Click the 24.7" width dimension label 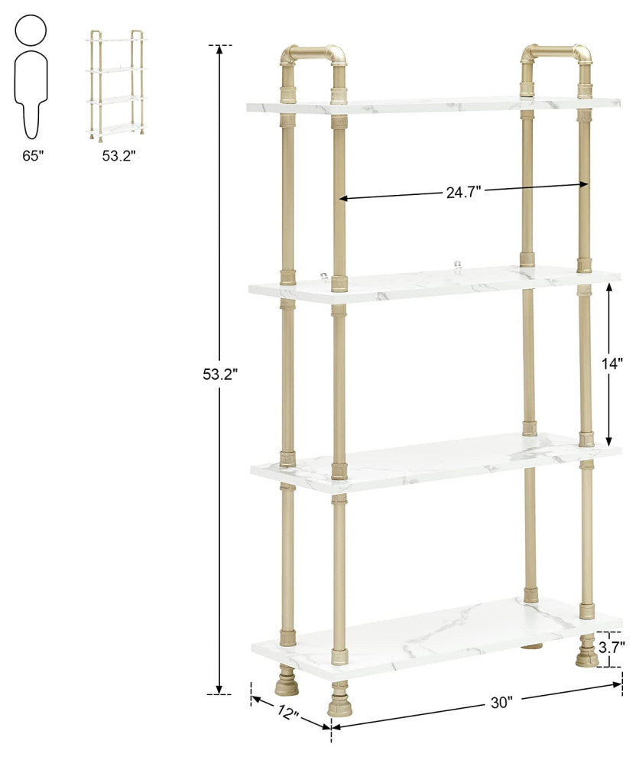click(463, 192)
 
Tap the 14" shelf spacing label click(612, 363)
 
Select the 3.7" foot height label click(611, 647)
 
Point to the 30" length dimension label click(500, 703)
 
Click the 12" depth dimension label click(288, 712)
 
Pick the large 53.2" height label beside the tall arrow click(221, 374)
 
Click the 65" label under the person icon click(33, 155)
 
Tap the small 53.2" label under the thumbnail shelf click(118, 155)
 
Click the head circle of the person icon click(31, 30)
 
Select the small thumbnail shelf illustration click(116, 86)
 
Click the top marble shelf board click(433, 105)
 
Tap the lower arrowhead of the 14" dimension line click(609, 440)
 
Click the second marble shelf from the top click(434, 286)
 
